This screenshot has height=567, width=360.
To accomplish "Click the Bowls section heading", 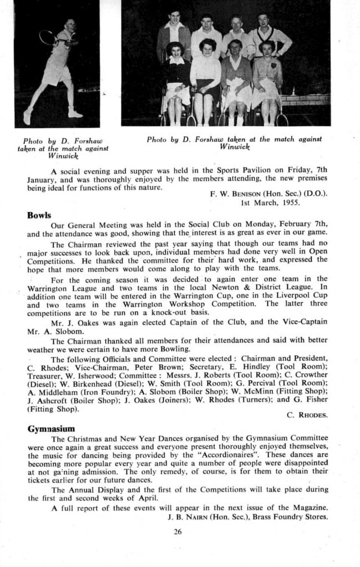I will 39,215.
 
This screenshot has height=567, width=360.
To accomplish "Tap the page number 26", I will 178,531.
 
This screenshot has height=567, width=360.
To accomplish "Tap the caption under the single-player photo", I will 62,148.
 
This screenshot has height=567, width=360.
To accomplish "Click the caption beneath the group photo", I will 234,142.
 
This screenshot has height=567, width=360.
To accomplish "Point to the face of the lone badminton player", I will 69,25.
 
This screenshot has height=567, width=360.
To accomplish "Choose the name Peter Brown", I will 157,367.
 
